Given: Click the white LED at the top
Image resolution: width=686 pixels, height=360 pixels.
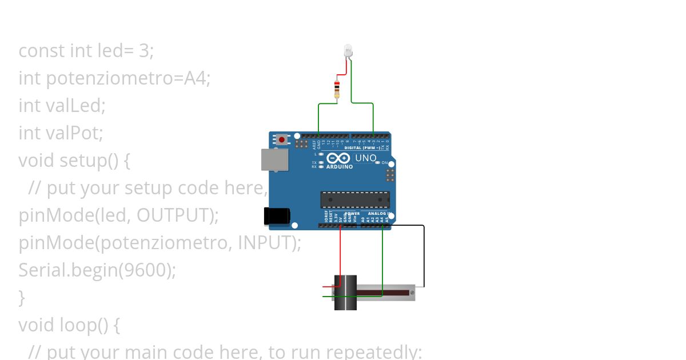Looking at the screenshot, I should (349, 51).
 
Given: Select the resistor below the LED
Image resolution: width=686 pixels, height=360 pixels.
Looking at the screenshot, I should (337, 89).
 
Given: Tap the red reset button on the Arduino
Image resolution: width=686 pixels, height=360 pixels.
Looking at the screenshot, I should (282, 139).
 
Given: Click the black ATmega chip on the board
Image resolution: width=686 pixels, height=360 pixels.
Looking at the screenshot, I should (355, 199).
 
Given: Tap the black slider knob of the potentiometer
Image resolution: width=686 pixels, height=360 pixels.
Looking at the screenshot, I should (345, 293).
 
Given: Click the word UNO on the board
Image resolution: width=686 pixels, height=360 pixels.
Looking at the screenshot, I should (366, 158).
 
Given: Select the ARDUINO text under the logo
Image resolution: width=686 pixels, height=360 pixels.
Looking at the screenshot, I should (340, 167).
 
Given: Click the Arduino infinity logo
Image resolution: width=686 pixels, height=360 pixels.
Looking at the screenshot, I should (338, 158).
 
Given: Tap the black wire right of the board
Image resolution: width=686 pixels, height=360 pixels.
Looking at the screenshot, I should (424, 257).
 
